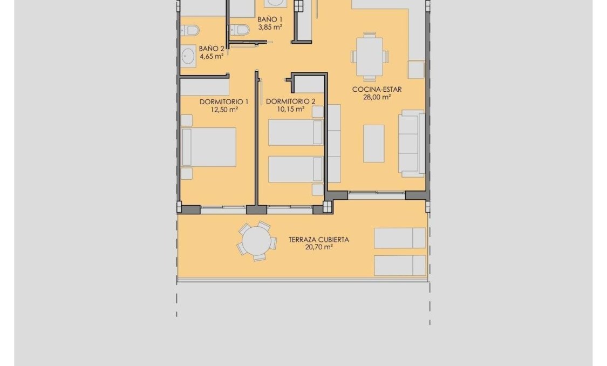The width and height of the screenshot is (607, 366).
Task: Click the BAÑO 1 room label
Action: [x=270, y=18]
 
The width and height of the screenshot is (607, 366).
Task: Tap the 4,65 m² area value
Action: [x=211, y=56]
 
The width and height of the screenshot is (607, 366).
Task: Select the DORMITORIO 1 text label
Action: [x=224, y=101]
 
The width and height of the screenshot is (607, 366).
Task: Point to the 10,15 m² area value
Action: [x=291, y=109]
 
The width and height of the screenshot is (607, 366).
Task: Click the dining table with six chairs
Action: [x=370, y=56]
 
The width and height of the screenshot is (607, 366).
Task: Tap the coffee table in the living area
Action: [x=373, y=143]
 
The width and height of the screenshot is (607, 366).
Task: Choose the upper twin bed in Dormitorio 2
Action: [x=295, y=133]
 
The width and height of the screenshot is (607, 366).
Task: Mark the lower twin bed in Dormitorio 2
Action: [x=295, y=170]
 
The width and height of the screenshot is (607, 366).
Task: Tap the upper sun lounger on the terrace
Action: [x=400, y=238]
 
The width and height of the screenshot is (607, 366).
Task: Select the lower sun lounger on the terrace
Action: [x=400, y=265]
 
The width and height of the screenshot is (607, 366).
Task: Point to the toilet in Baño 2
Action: [x=191, y=30]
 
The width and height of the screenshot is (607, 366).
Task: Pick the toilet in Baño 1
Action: [x=241, y=30]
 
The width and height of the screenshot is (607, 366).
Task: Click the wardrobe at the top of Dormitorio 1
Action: [x=204, y=87]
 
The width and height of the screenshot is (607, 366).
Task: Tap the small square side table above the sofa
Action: [x=415, y=70]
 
